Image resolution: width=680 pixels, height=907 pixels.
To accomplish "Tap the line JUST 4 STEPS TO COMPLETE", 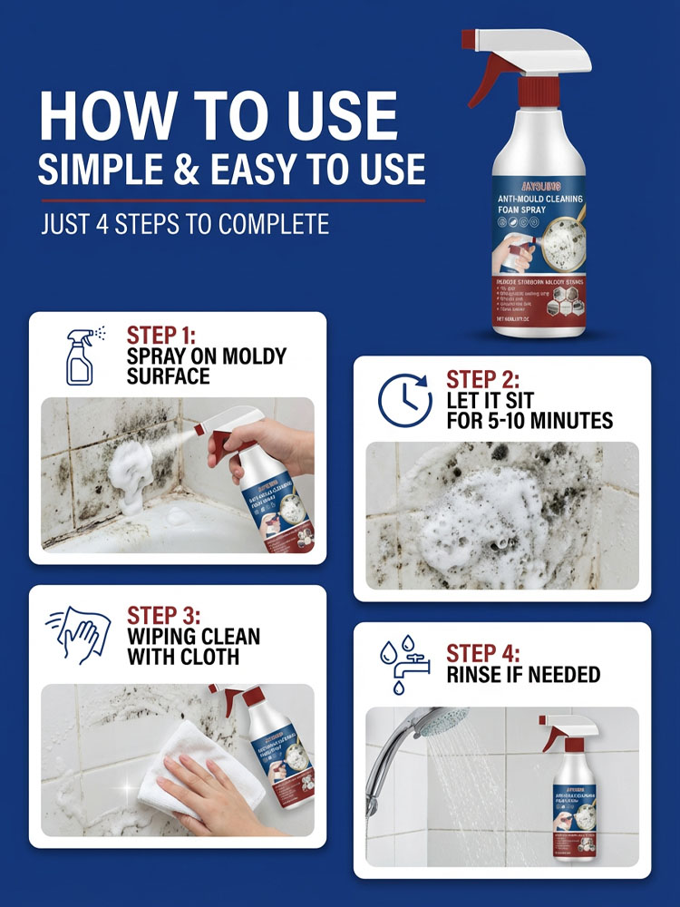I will (185, 223).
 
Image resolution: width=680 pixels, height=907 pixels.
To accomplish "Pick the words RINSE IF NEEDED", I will (523, 675).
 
